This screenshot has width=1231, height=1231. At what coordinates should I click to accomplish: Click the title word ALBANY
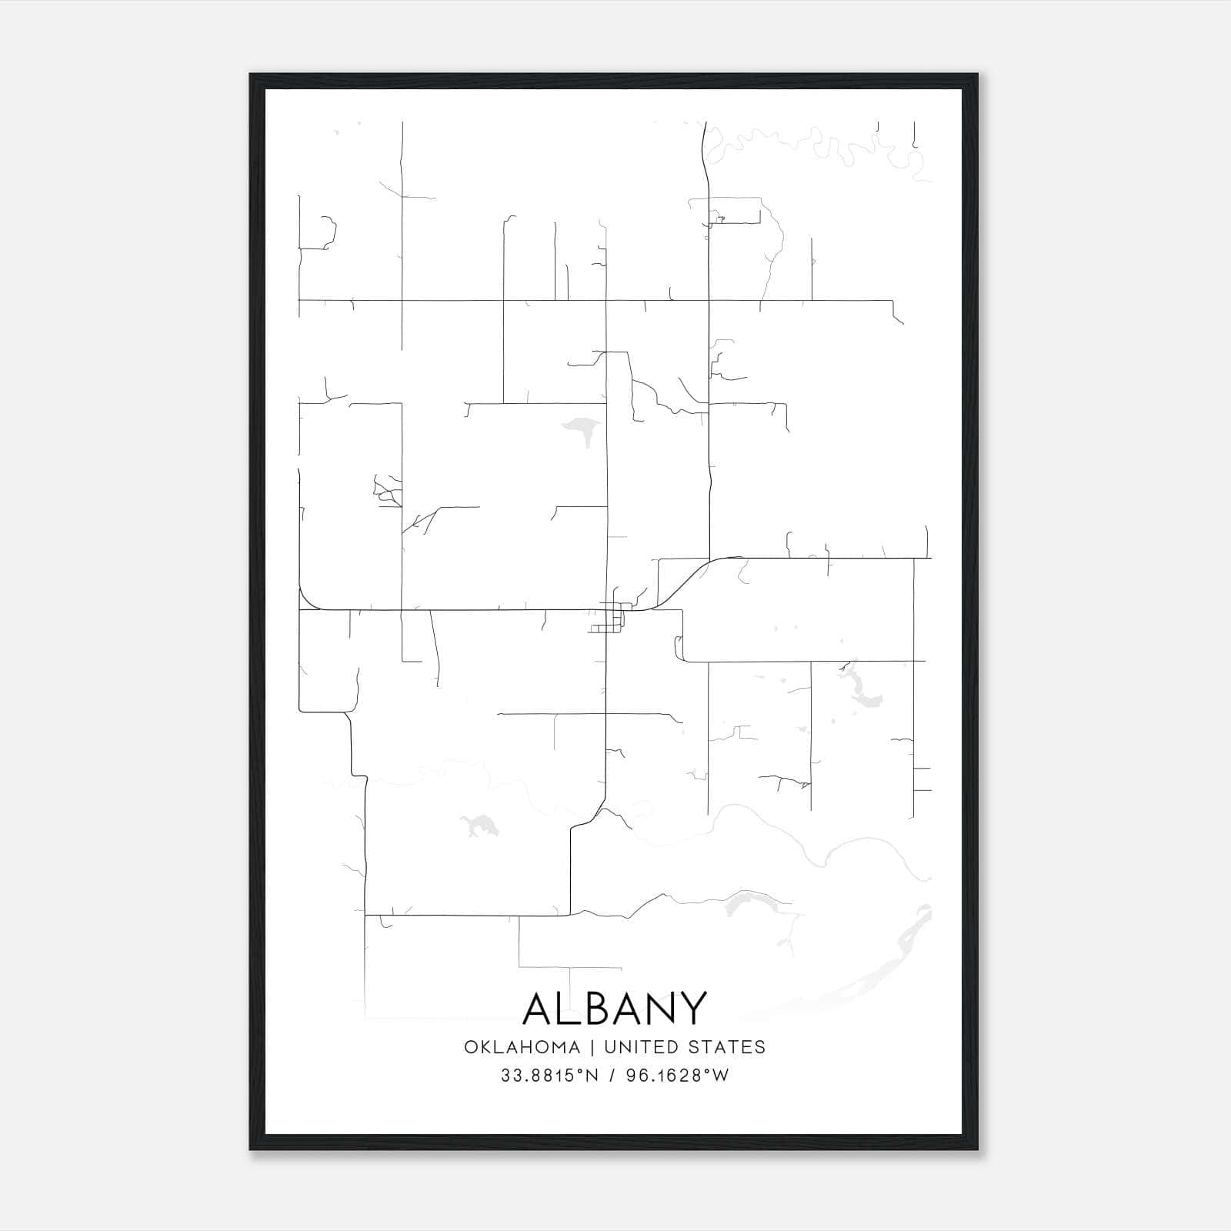[x=614, y=1008]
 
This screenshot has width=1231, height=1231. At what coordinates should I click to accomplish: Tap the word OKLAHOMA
[x=522, y=1047]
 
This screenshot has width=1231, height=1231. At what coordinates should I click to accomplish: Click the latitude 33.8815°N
[x=549, y=1076]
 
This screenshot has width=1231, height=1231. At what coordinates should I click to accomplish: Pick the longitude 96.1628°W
[x=677, y=1076]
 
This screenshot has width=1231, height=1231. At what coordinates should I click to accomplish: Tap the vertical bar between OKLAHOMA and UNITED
[x=592, y=1047]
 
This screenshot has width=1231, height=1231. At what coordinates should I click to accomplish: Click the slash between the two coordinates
[x=612, y=1076]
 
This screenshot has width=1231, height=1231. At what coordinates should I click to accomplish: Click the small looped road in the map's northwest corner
[x=329, y=231]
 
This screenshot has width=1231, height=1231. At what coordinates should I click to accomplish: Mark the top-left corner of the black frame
[x=251, y=75]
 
